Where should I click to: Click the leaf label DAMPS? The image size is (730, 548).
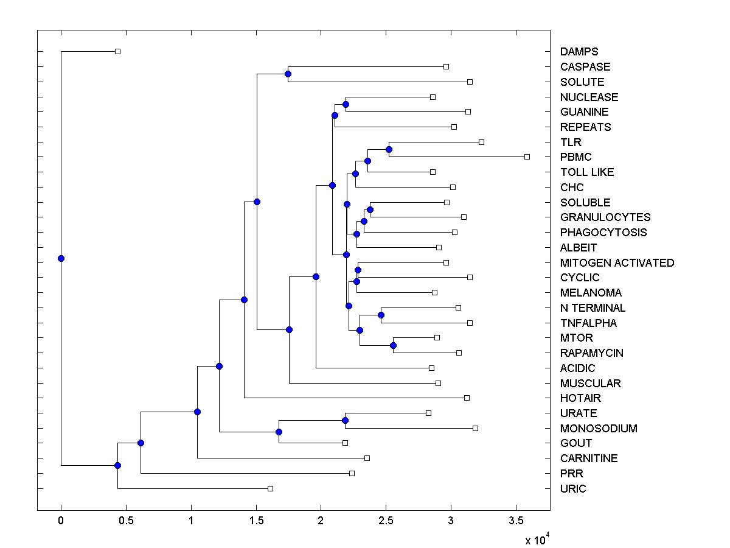[579, 52]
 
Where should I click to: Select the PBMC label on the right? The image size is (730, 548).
[576, 157]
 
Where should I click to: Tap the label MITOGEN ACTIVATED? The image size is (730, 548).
[617, 263]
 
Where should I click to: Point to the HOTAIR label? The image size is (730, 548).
[580, 398]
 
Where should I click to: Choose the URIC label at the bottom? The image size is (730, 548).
[573, 489]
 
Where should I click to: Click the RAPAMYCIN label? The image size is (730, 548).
[591, 353]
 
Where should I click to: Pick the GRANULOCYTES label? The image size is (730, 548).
[605, 217]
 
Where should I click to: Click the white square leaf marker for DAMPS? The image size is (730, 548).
[118, 51]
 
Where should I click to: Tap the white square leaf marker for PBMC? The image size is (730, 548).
[527, 156]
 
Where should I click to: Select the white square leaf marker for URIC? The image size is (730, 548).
[271, 488]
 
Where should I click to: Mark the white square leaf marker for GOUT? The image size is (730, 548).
[345, 443]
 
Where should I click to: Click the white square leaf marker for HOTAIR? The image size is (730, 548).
[467, 398]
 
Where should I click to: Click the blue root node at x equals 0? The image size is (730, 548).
[61, 258]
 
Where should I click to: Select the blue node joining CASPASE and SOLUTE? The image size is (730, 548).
[288, 74]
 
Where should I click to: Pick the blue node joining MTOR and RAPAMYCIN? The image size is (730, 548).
[393, 345]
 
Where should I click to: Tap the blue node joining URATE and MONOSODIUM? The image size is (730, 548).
[345, 420]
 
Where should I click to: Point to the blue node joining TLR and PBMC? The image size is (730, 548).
[389, 149]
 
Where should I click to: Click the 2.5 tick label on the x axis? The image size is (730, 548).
[386, 521]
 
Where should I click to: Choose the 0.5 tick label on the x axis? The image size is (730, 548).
[126, 521]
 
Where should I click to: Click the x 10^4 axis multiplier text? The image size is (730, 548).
[538, 539]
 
